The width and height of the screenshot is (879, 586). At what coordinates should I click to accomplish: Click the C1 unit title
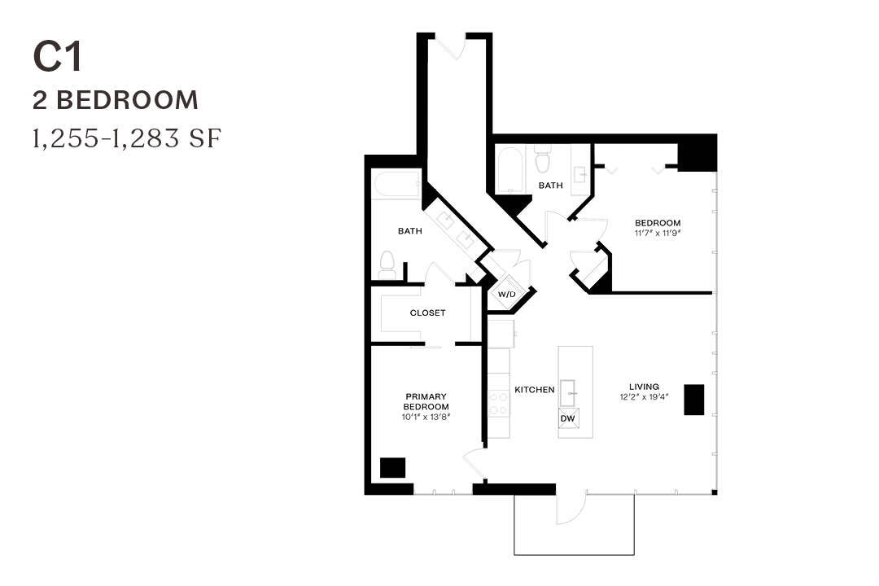point(58,56)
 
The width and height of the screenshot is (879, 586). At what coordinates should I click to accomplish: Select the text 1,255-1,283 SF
point(127,138)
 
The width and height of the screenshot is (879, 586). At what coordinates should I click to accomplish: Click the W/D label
point(506,294)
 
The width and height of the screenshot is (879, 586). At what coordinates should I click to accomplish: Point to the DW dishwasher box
point(569,418)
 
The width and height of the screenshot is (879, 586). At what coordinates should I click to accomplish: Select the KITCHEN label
point(534,390)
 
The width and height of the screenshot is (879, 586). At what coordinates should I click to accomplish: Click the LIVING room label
point(644,387)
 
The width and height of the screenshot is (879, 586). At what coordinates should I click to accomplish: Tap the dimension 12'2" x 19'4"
point(644,398)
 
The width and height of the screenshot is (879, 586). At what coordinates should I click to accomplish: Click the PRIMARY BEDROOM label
point(426,401)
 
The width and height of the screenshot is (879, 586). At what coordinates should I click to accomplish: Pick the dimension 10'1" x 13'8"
point(426,416)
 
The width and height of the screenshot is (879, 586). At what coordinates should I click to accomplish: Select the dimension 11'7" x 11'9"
point(658,234)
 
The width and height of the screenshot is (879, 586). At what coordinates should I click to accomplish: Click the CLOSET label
point(427,313)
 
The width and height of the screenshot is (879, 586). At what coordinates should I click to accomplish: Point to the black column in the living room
point(693,399)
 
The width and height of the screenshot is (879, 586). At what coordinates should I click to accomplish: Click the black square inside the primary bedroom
point(392,468)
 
